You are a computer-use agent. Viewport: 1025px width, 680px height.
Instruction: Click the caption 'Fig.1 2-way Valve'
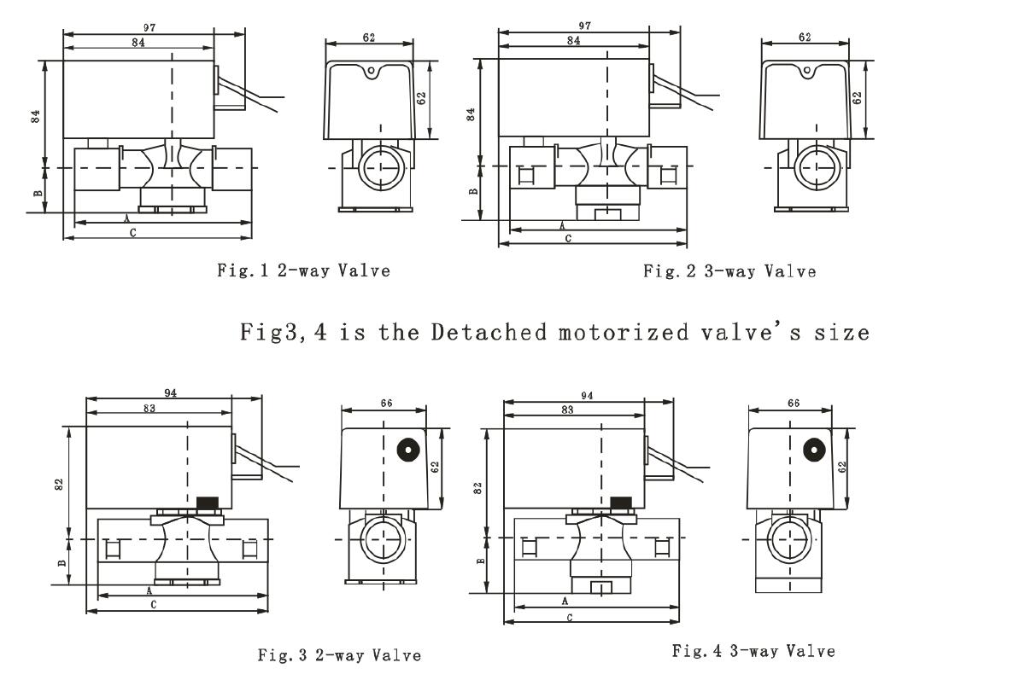(x=303, y=271)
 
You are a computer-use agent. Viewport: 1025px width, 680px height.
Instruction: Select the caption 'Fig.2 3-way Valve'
(x=729, y=272)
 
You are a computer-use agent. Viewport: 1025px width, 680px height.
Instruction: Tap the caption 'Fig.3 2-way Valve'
(x=339, y=655)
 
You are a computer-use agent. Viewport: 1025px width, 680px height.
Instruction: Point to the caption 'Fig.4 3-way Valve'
(x=753, y=651)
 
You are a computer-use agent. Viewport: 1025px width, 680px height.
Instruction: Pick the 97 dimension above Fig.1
(x=149, y=28)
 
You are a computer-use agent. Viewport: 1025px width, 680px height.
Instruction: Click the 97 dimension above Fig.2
(x=584, y=26)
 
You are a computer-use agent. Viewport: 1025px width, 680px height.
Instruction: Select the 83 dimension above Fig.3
(x=149, y=410)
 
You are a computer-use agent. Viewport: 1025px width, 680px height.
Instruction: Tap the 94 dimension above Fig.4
(x=585, y=396)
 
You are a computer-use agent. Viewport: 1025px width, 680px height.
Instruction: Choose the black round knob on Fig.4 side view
(x=815, y=449)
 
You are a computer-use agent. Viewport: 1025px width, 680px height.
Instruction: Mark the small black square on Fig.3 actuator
(x=205, y=502)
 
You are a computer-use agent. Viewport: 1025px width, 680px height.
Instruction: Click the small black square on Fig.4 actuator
(x=621, y=502)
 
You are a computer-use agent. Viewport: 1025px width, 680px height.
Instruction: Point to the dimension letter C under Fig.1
(x=132, y=233)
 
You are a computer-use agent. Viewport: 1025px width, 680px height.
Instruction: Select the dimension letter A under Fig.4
(x=565, y=602)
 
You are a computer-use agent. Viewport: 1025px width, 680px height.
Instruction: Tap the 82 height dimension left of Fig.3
(x=59, y=483)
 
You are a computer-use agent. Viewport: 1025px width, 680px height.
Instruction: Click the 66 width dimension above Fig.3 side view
(x=386, y=403)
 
